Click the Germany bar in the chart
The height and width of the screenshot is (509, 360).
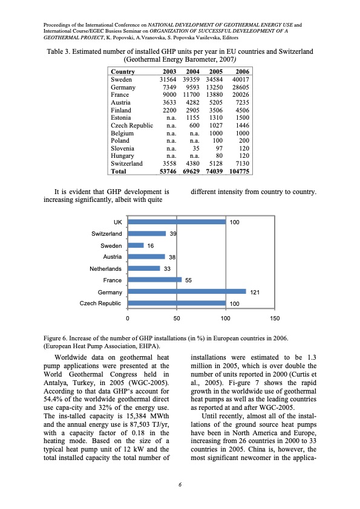(186, 291)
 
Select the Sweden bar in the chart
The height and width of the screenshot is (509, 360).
(136, 245)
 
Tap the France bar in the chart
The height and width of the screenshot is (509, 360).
(154, 280)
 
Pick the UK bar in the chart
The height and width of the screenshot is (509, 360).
(176, 222)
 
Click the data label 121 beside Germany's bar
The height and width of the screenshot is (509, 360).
(255, 292)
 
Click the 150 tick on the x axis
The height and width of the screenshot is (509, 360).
(275, 318)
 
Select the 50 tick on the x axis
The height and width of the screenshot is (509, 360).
(176, 318)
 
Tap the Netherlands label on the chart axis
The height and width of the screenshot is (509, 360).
(105, 268)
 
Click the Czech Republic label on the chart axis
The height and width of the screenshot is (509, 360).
(100, 303)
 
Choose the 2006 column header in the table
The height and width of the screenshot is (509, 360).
(241, 72)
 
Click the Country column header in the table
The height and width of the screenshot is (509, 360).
(123, 72)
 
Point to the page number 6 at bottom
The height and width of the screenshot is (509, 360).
(180, 485)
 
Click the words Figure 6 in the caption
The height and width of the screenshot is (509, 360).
(57, 337)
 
